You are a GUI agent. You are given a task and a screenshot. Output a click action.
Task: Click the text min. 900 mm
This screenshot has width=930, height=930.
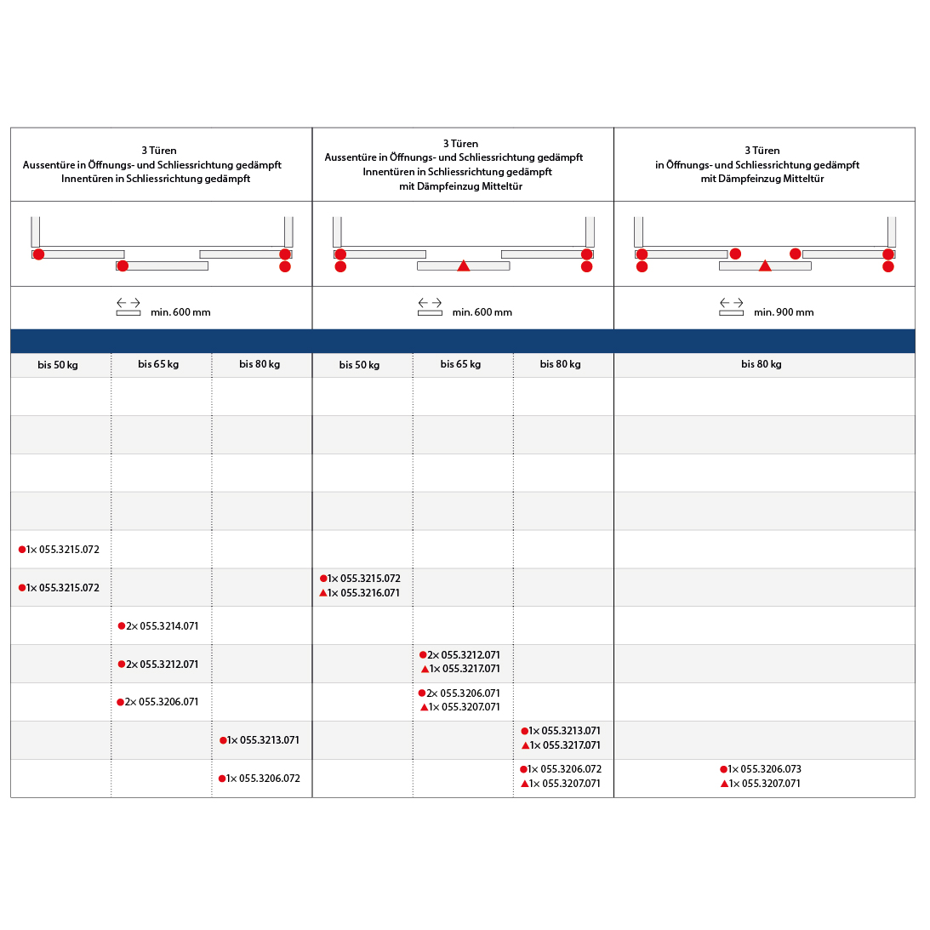click(783, 312)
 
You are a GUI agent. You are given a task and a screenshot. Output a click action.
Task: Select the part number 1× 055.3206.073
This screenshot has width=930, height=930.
click(764, 769)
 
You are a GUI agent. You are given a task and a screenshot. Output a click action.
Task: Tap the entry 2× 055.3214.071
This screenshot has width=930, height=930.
click(162, 626)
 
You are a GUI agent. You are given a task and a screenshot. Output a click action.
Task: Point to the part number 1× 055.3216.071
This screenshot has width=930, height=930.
click(363, 593)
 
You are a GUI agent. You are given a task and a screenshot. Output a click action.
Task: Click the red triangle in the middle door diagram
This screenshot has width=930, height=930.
click(464, 266)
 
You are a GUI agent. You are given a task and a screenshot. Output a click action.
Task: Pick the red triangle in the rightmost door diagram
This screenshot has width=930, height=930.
click(765, 266)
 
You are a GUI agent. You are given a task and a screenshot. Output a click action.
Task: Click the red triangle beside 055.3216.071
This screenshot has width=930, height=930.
click(323, 593)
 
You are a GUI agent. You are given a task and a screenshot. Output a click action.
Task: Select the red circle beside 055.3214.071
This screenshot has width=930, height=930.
click(122, 626)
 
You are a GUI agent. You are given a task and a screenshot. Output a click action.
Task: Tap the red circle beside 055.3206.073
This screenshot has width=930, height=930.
click(723, 769)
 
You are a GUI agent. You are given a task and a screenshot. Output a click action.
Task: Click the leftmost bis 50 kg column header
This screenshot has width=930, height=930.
click(58, 365)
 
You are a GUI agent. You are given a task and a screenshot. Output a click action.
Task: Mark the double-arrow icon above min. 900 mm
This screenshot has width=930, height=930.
click(731, 303)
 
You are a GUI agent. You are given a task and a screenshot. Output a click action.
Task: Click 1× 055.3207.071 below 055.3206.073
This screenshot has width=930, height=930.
click(764, 784)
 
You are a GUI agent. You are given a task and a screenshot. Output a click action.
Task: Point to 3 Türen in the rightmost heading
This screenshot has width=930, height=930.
click(762, 151)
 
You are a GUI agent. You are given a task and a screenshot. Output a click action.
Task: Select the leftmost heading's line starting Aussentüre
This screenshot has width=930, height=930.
click(152, 165)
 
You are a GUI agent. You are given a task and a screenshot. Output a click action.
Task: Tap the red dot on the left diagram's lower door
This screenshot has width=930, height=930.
click(123, 266)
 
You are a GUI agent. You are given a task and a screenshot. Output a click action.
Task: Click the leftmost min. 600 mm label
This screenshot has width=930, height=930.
click(180, 312)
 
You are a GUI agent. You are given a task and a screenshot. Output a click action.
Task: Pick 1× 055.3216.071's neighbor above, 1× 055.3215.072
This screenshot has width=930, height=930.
click(363, 579)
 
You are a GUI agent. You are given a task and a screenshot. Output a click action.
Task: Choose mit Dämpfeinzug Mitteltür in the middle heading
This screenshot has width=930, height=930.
click(460, 186)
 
